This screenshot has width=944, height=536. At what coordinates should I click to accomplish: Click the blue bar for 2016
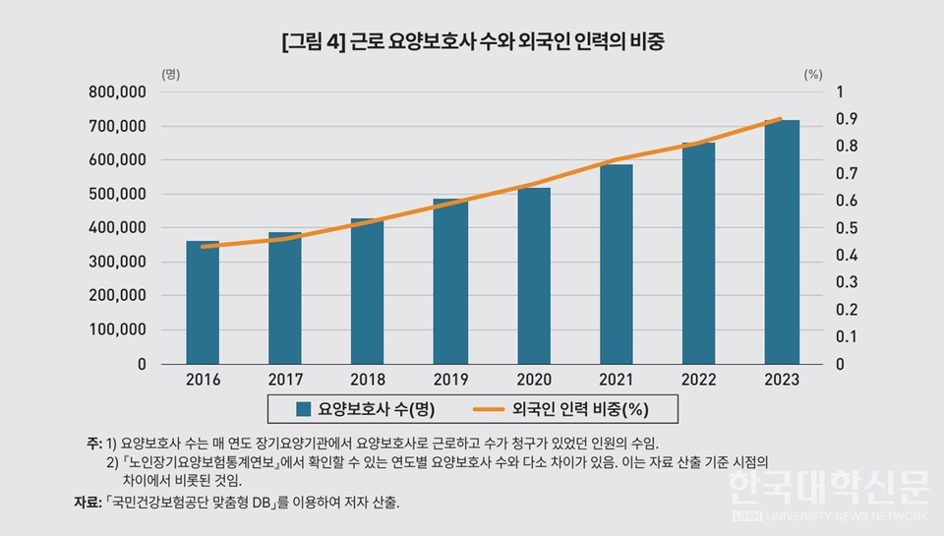203,302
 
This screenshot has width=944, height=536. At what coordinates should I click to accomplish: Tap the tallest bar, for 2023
783,242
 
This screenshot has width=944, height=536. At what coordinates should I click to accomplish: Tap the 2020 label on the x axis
533,380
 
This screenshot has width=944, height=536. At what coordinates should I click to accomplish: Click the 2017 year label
285,380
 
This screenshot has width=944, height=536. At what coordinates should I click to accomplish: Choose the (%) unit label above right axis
812,74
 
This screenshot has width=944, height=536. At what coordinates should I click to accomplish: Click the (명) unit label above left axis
170,74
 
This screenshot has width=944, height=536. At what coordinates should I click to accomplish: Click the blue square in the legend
303,407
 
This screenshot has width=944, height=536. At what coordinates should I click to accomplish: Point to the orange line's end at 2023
781,119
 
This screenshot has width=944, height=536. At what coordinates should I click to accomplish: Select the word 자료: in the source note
87,504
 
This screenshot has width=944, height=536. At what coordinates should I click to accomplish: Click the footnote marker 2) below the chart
112,461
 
